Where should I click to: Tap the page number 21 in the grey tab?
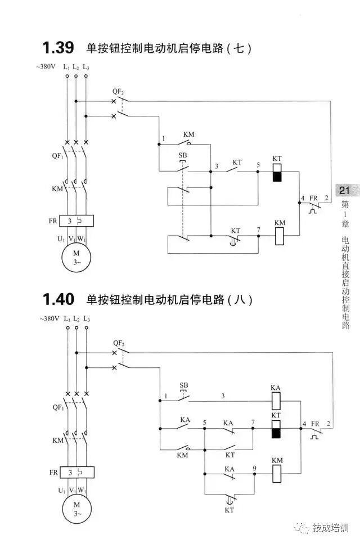(x=344, y=191)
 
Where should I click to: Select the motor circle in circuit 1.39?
(x=76, y=257)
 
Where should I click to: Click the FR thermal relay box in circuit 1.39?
(x=75, y=221)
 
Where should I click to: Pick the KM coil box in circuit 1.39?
(x=280, y=236)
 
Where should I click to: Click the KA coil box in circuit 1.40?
(x=276, y=401)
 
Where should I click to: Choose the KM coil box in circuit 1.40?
(x=276, y=474)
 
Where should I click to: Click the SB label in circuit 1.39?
(x=183, y=155)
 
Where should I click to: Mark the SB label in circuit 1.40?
(x=183, y=385)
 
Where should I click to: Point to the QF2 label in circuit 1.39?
(x=118, y=91)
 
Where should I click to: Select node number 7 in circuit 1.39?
(x=258, y=230)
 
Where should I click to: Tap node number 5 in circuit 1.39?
(x=258, y=165)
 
